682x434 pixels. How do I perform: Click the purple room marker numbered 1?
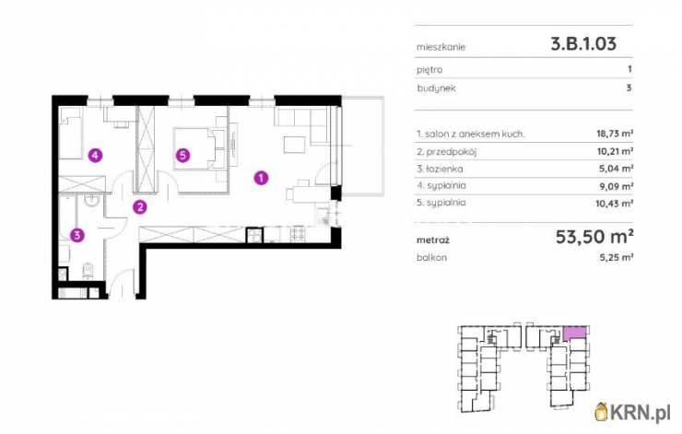pos(261,178)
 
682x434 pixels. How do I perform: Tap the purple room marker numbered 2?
pos(140,207)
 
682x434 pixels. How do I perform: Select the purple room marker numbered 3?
pos(77,235)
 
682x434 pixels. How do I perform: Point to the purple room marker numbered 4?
pos(95,155)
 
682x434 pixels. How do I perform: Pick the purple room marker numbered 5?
pos(182,155)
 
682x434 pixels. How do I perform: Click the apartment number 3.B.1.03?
pos(583,43)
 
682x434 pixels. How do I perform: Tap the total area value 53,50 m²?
pos(594,237)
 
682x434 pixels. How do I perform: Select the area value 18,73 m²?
pos(615,134)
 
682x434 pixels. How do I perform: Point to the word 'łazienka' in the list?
pos(443,169)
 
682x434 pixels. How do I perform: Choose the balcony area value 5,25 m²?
pos(617,257)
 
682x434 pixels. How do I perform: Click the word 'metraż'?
pos(433,240)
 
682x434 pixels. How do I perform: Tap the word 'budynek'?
pos(436,88)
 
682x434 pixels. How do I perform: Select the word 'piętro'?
pos(429,70)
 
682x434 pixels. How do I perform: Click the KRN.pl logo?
pos(633,412)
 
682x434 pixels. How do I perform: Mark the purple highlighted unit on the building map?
pos(574,334)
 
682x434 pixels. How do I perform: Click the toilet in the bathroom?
pos(88,271)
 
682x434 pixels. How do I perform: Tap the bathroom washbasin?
pos(92,200)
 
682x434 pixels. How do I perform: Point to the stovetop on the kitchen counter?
pos(298,234)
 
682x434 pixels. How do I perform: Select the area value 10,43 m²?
pos(614,203)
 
